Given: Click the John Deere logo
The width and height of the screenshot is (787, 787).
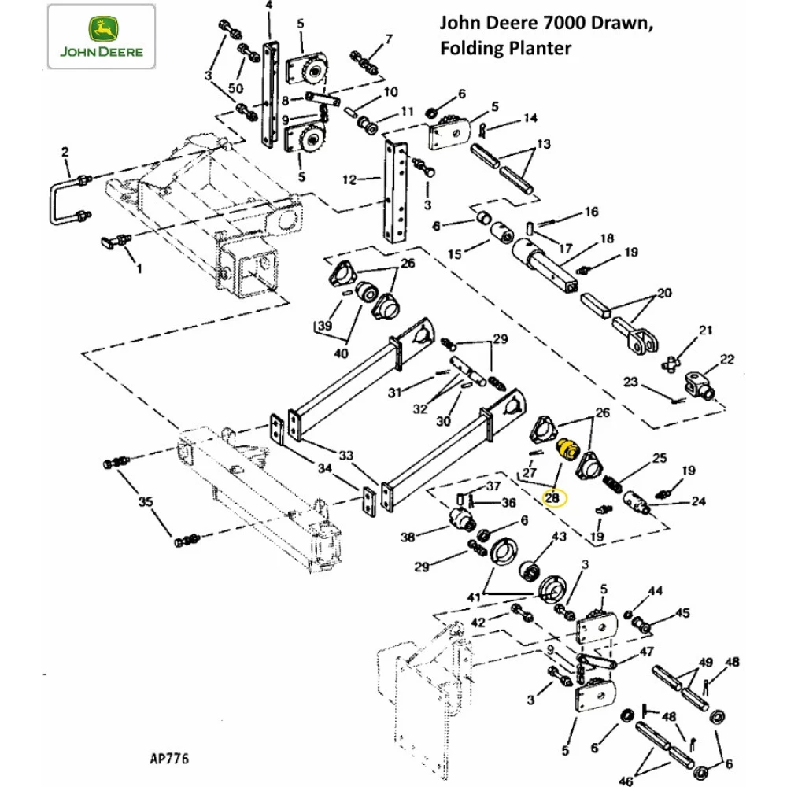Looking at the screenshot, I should (x=101, y=35).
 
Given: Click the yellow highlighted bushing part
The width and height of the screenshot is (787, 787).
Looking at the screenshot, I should (x=567, y=451).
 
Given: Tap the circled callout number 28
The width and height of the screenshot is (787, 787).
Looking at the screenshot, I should (x=552, y=497).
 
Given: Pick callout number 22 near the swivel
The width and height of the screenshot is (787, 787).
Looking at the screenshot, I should (x=726, y=359).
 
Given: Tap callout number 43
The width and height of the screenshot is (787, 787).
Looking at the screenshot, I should (x=559, y=536).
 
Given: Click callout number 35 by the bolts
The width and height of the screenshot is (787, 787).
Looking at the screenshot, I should (x=146, y=500).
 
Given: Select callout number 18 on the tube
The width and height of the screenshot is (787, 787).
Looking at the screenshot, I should (x=606, y=238).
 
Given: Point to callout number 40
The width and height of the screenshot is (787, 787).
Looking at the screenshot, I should (x=341, y=353).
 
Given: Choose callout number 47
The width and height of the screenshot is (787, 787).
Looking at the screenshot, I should (x=646, y=652).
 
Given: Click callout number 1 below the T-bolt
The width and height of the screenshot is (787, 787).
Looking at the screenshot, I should (x=140, y=270).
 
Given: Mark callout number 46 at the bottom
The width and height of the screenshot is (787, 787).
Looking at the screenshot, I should (x=626, y=781).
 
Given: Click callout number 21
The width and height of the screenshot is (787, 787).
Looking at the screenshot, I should (x=706, y=330).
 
